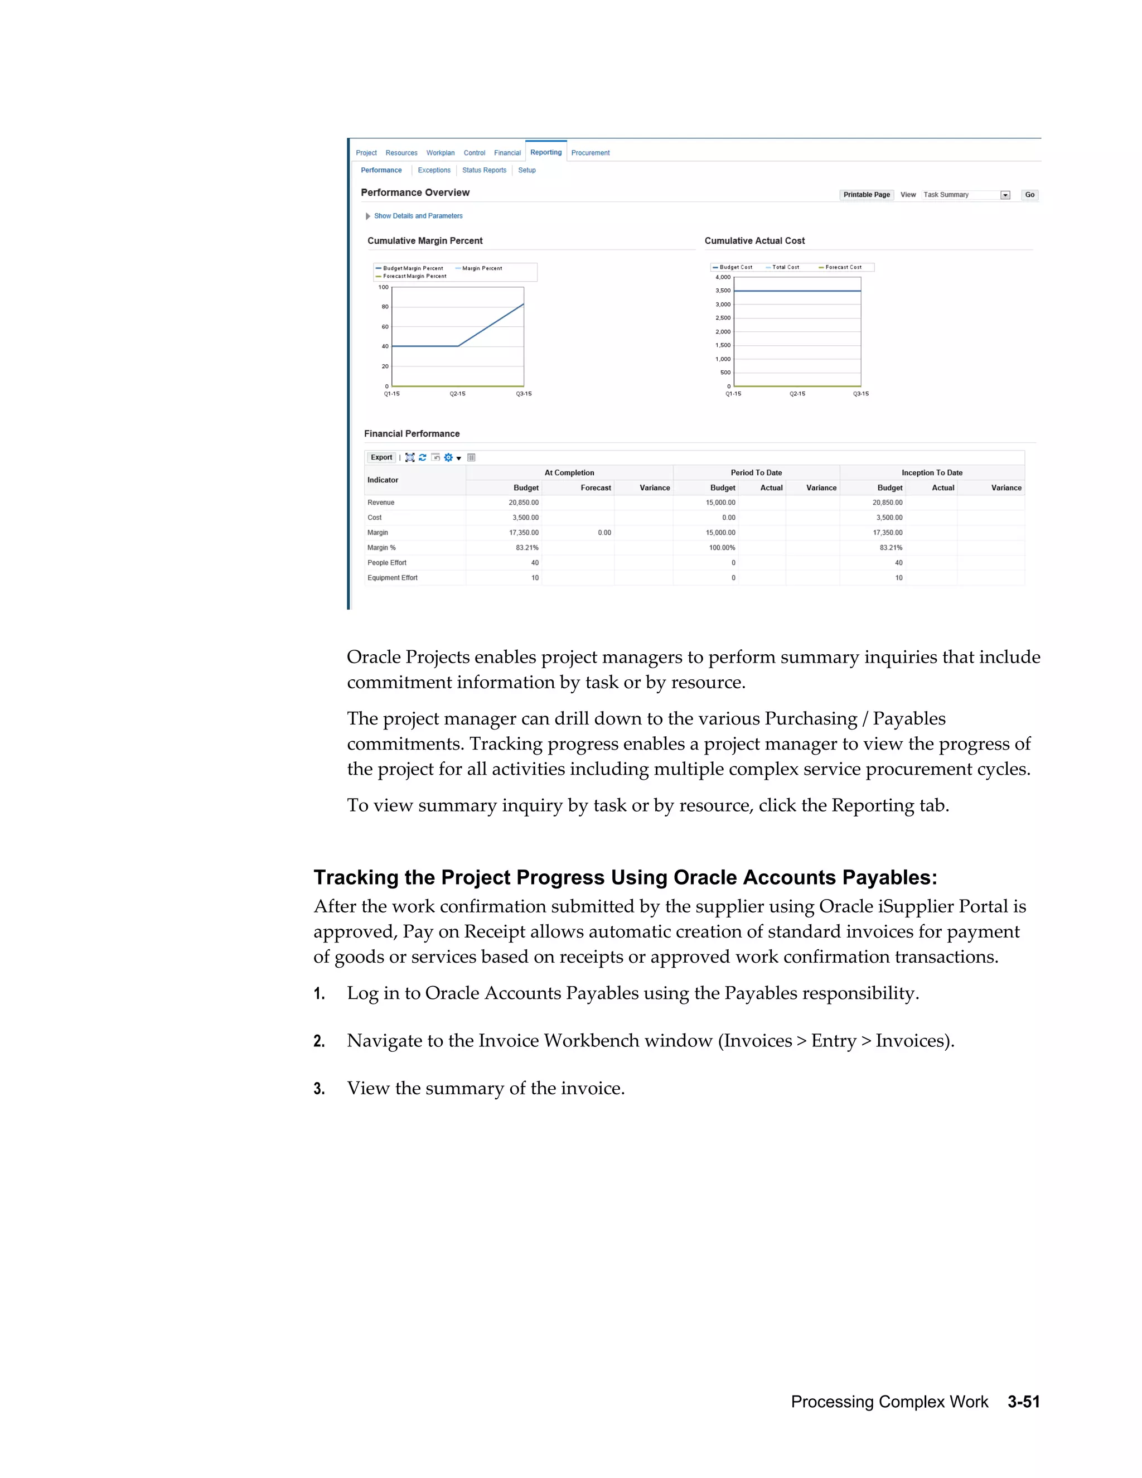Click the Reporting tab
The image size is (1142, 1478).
click(545, 152)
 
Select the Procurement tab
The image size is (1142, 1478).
click(590, 153)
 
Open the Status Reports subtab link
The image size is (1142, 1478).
click(483, 171)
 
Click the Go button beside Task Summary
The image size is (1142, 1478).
click(1029, 195)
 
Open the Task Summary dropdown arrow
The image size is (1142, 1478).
click(1005, 195)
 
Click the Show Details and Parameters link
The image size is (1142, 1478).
click(418, 216)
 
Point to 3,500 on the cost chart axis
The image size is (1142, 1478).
click(723, 291)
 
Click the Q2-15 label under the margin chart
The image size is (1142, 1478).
click(457, 394)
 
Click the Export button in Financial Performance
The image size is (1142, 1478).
click(381, 457)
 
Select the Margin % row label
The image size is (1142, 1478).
click(381, 548)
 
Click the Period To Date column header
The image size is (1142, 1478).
click(756, 473)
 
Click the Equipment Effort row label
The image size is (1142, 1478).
click(393, 578)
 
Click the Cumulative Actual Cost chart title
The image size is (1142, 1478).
click(754, 241)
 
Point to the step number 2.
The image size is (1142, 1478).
click(320, 1041)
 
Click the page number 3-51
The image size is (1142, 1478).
click(1023, 1402)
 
